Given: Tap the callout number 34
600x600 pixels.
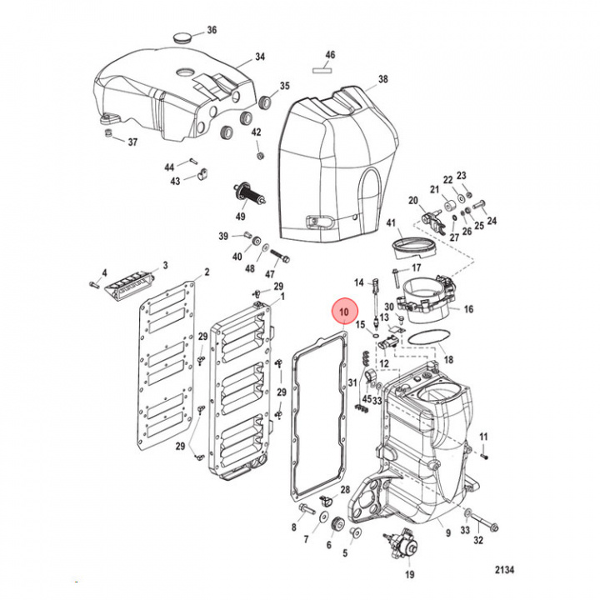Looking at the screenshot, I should click(259, 57).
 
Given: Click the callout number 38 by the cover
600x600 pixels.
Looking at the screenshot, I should click(382, 80).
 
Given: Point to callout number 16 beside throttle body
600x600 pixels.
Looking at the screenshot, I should click(468, 309).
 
